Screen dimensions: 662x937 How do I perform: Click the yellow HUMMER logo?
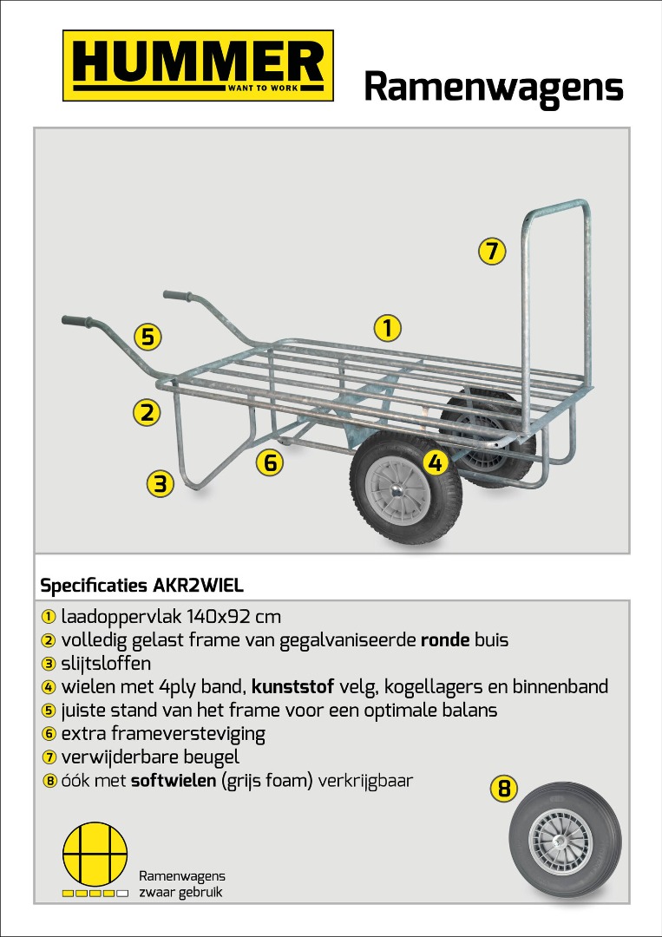click(198, 66)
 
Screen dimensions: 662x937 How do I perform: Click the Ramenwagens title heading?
click(494, 88)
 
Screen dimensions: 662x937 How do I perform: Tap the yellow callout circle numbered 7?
click(492, 251)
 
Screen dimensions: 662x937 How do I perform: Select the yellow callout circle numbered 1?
click(388, 328)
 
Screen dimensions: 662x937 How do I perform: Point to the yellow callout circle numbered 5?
click(147, 337)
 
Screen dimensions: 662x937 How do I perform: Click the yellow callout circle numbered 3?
click(161, 483)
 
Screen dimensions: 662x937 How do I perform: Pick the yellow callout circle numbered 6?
click(270, 462)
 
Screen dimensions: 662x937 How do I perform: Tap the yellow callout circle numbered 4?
click(436, 462)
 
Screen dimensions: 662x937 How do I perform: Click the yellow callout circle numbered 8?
click(504, 789)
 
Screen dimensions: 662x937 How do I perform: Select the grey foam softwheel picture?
click(565, 841)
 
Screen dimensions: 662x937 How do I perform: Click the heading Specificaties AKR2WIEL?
click(141, 586)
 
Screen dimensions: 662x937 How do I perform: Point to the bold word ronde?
click(445, 640)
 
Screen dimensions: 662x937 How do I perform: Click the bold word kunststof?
click(292, 686)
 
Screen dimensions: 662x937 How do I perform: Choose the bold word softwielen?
click(174, 781)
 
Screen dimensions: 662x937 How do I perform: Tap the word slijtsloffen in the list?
click(106, 664)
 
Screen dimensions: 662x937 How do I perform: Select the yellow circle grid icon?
click(95, 854)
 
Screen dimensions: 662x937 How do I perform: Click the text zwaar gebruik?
click(180, 892)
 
